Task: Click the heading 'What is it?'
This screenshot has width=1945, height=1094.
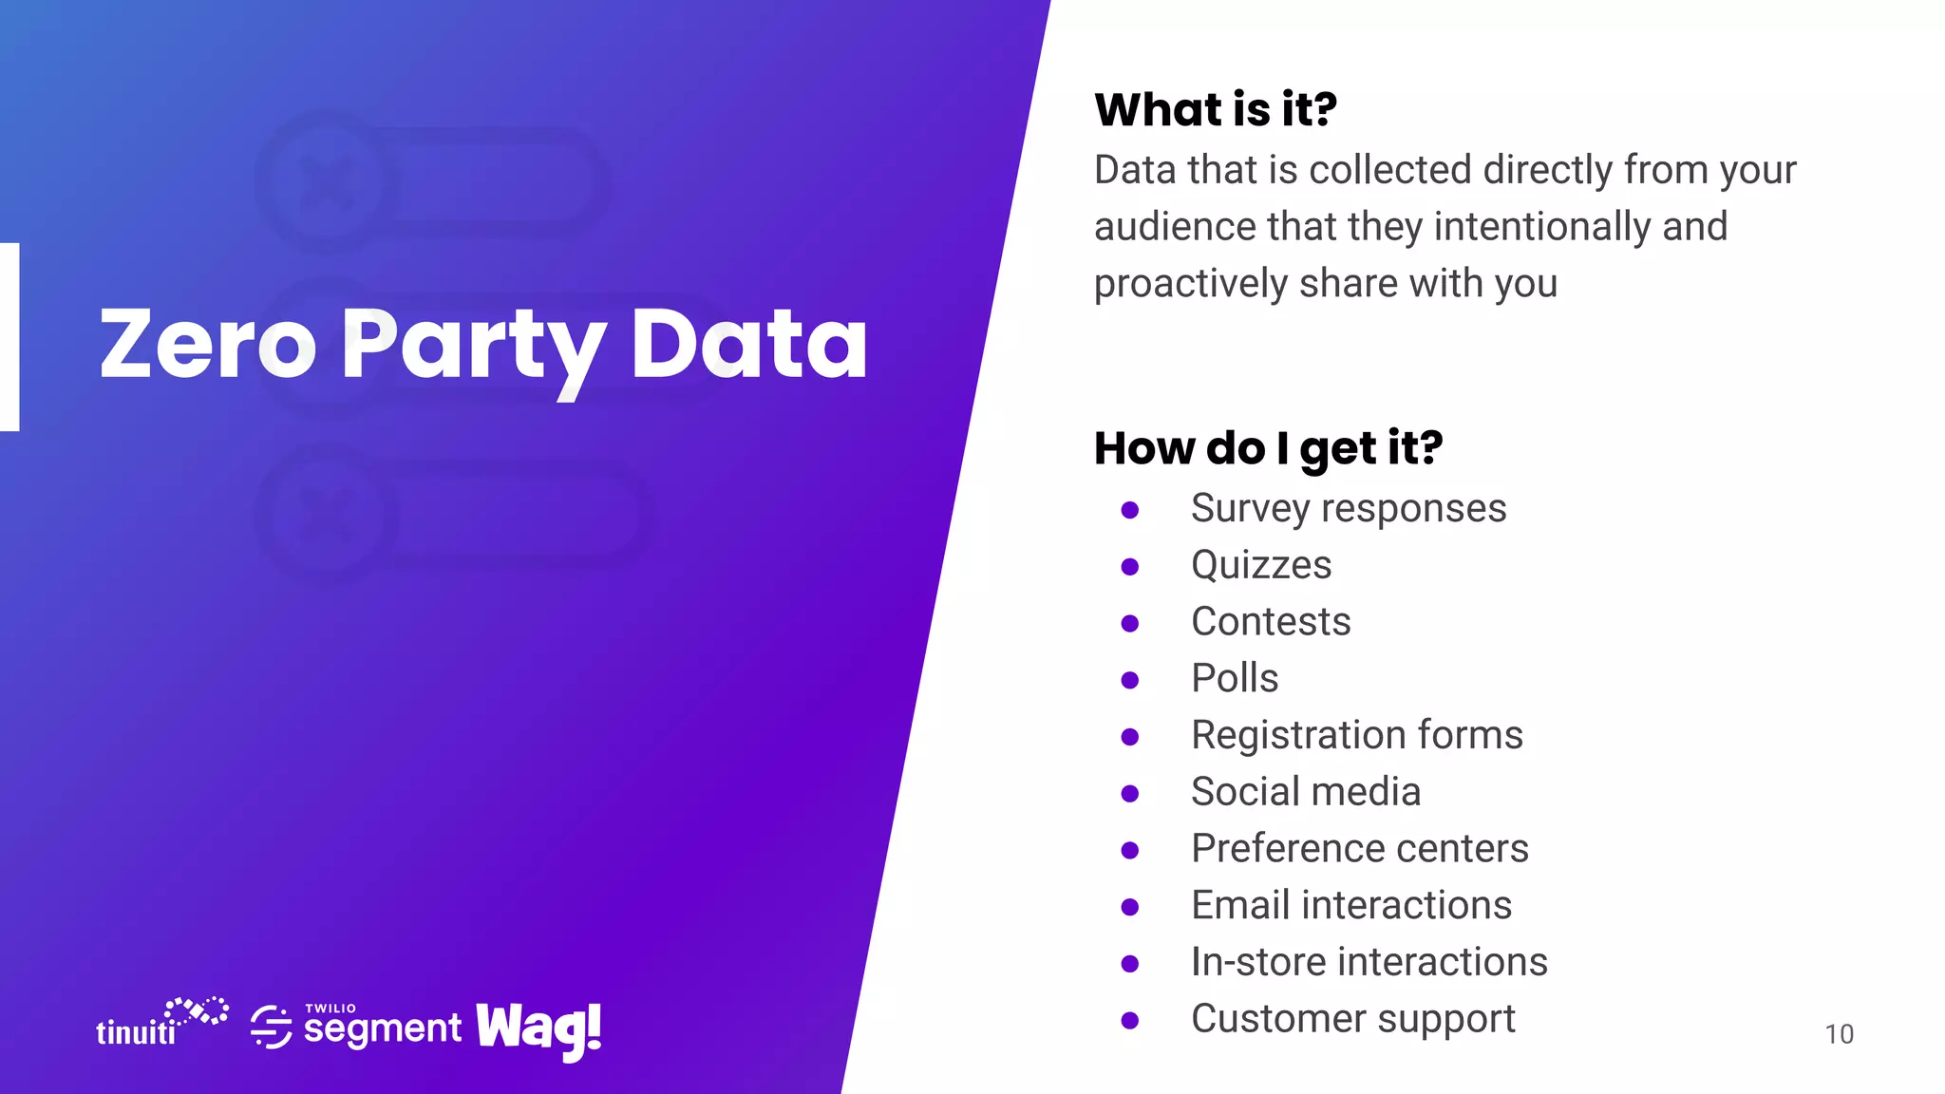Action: [1215, 109]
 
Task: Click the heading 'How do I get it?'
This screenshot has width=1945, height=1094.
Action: [1268, 448]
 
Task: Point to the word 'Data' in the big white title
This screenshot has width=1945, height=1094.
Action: [748, 344]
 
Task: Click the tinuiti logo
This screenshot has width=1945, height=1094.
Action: [161, 1024]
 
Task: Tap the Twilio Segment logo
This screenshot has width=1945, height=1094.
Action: [356, 1027]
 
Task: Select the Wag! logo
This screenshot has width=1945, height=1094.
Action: [538, 1029]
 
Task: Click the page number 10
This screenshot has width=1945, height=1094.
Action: [1839, 1034]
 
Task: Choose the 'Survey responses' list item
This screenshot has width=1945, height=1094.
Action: [1348, 509]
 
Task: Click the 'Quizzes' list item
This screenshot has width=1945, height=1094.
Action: [1261, 566]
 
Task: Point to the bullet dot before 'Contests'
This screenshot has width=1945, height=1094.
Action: [1129, 624]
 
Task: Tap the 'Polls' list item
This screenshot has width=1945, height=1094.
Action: [1235, 679]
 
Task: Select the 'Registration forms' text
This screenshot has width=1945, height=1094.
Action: [1356, 736]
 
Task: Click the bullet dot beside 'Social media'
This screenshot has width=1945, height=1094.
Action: [1129, 794]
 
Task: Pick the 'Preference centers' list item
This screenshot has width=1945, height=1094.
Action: [1359, 849]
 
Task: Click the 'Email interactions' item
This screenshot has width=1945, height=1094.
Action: [1350, 906]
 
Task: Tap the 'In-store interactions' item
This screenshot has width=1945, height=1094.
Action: [1369, 963]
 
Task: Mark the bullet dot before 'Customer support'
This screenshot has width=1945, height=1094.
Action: [1129, 1021]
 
